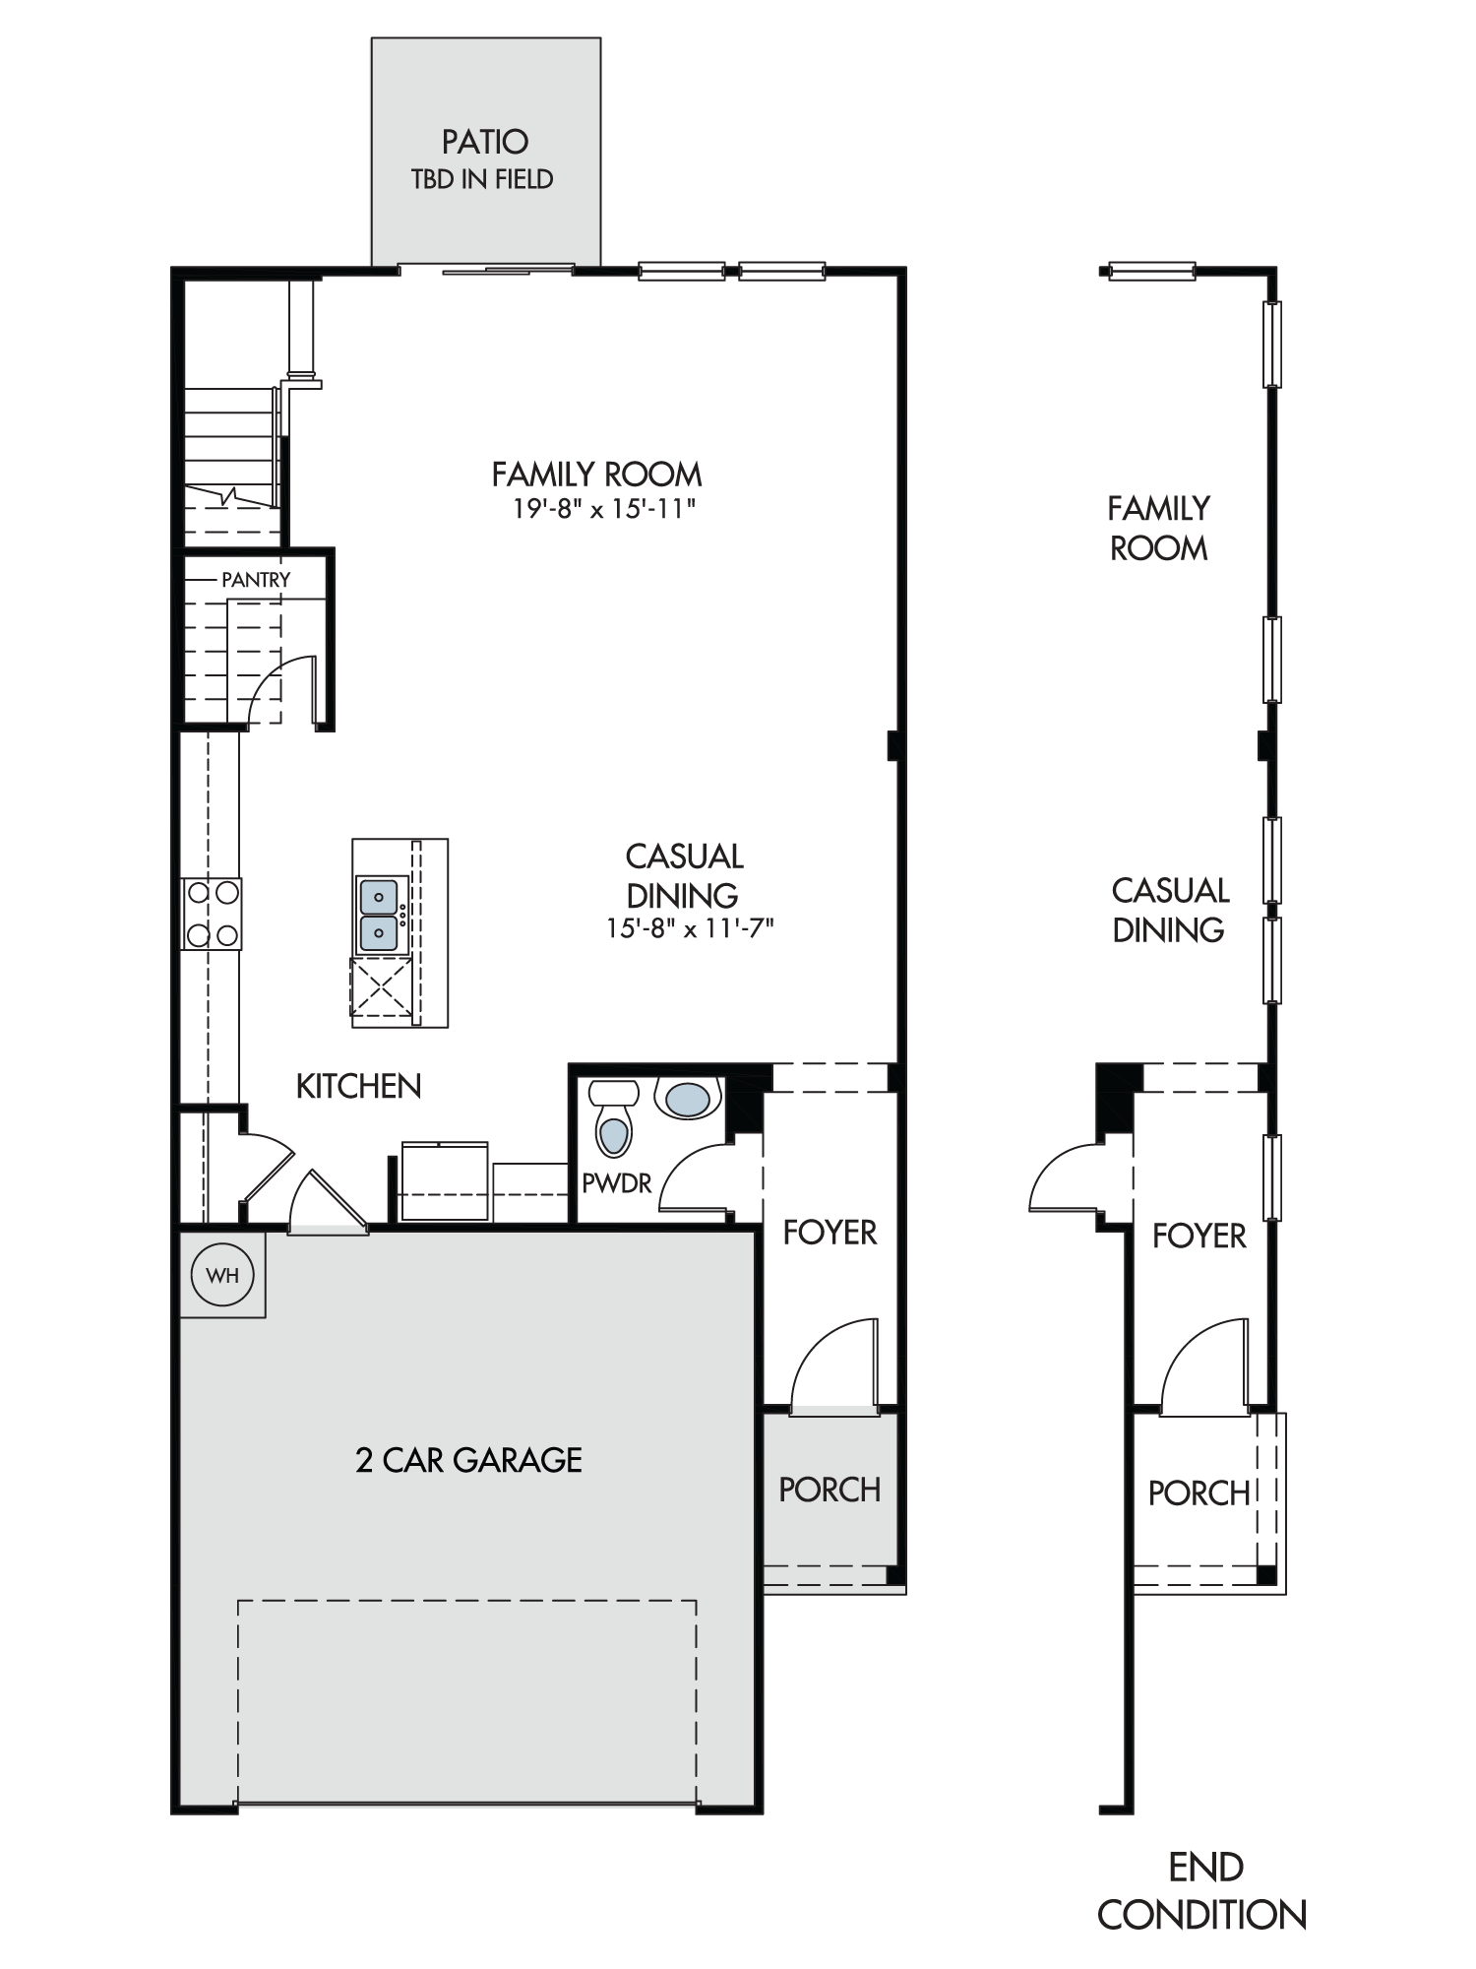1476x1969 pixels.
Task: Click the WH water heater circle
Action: [x=223, y=1275]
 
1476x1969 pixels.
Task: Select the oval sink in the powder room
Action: [x=687, y=1099]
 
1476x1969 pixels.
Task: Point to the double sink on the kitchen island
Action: [x=379, y=916]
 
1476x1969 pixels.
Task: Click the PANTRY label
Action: [x=256, y=580]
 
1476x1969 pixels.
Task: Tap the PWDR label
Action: [x=617, y=1183]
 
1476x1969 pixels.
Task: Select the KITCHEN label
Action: [x=359, y=1086]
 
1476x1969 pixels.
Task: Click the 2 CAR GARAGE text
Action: [x=468, y=1459]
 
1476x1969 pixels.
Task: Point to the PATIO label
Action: [x=485, y=142]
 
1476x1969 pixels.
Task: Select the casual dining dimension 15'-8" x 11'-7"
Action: [x=691, y=928]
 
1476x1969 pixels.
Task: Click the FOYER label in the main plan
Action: [x=830, y=1232]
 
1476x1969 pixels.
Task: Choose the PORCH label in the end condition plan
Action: [x=1199, y=1493]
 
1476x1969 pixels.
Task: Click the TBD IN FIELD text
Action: [x=482, y=179]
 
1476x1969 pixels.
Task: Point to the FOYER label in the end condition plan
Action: [x=1199, y=1236]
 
